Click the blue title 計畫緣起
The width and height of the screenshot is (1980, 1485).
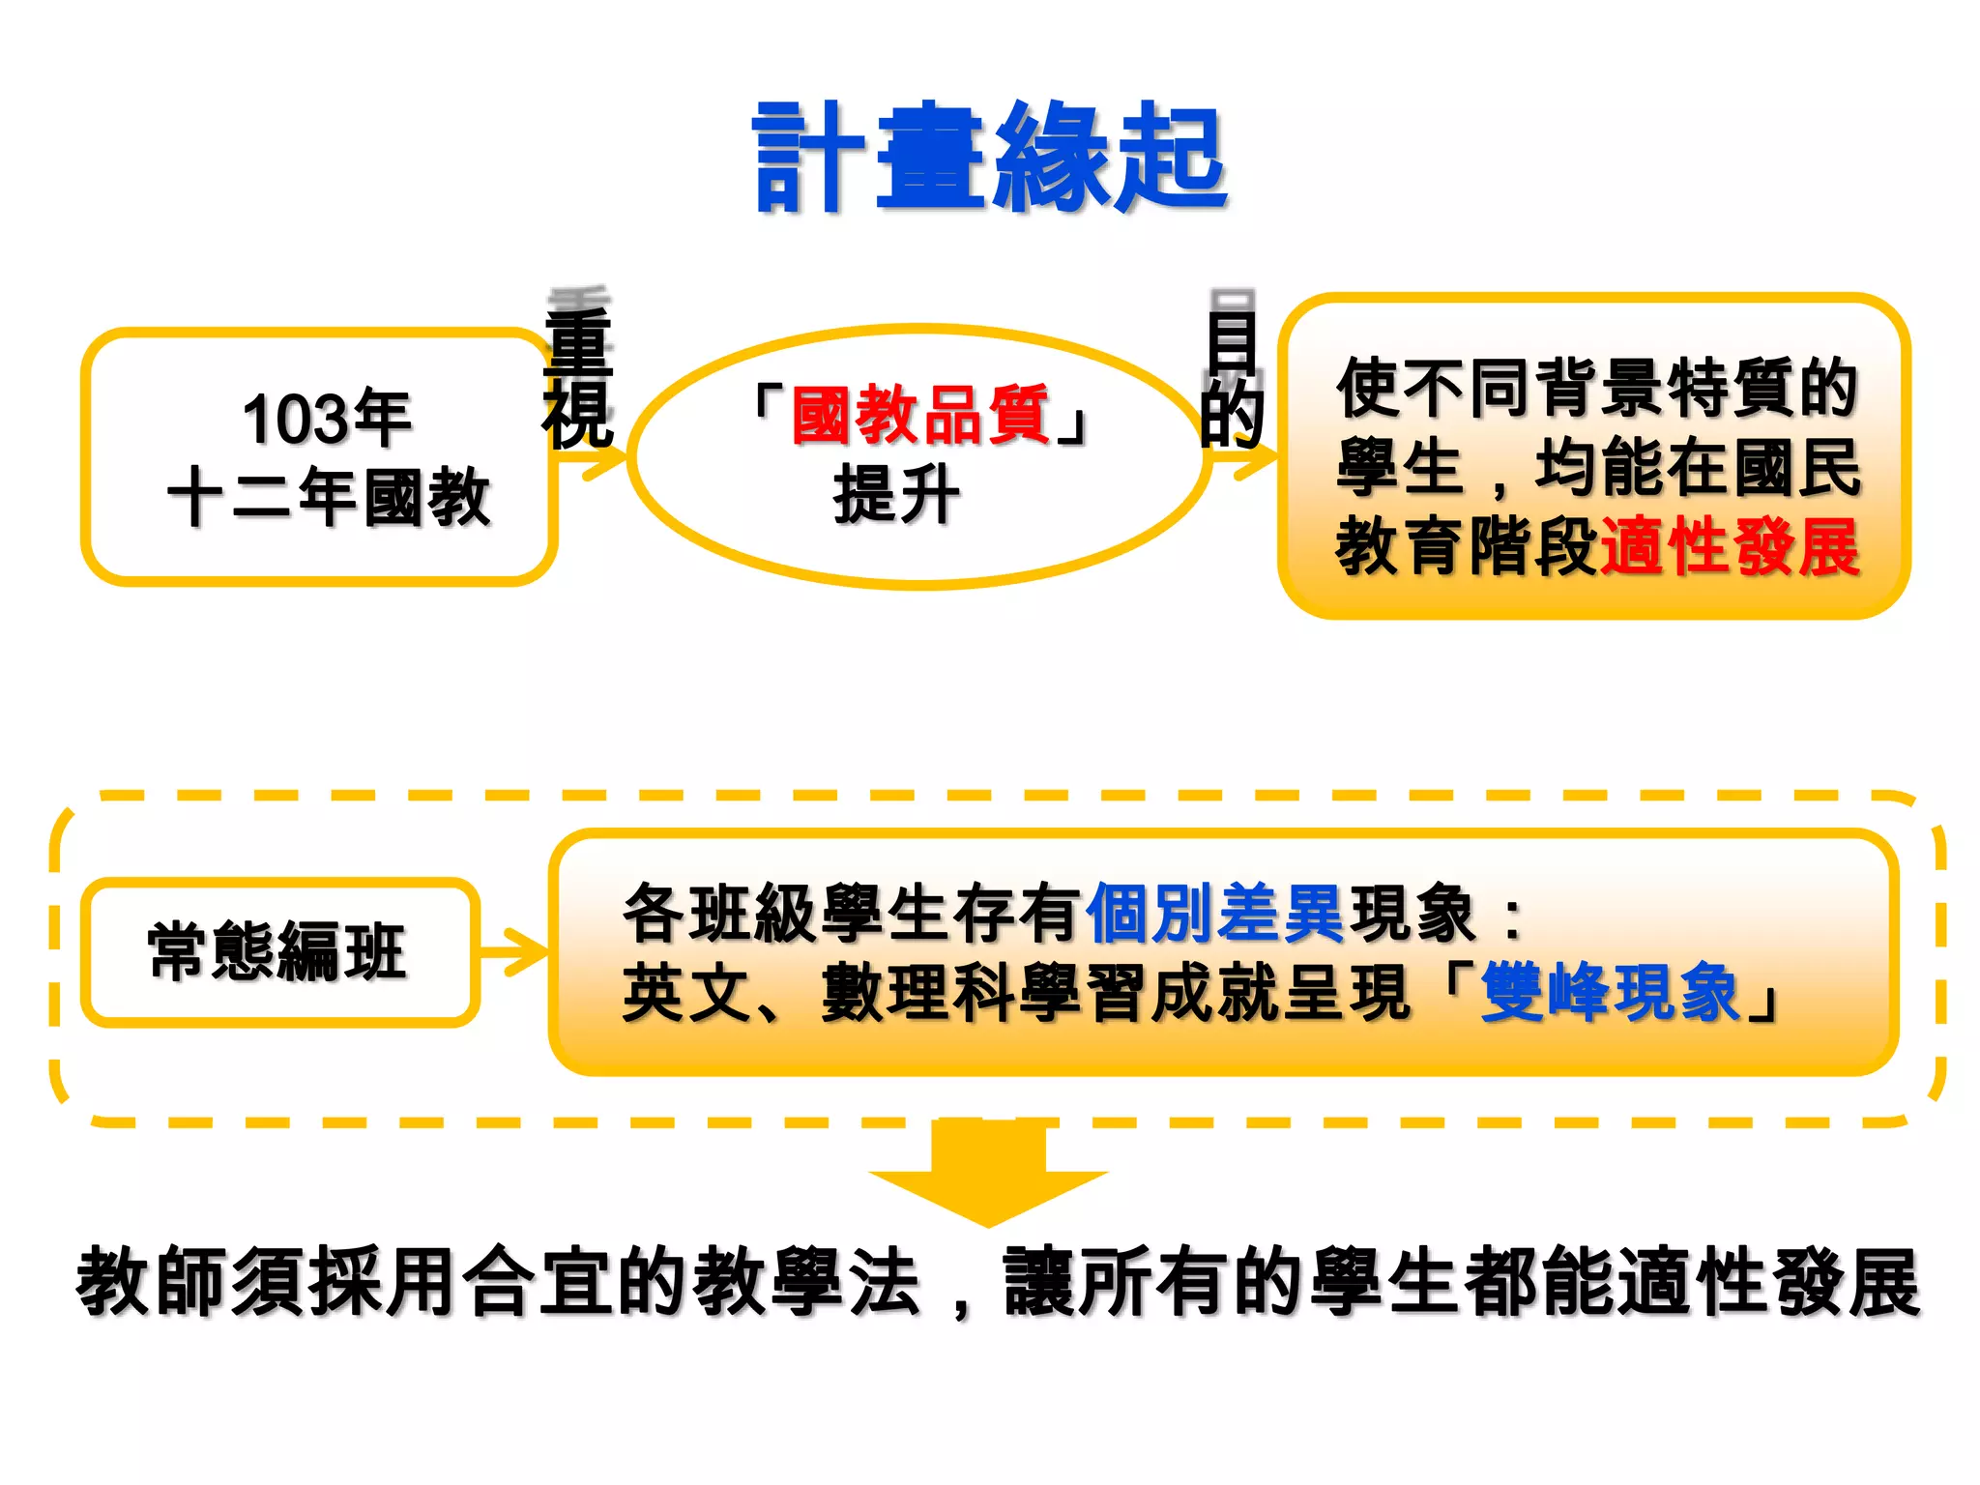pyautogui.click(x=990, y=158)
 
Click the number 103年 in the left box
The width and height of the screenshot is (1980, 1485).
pyautogui.click(x=327, y=419)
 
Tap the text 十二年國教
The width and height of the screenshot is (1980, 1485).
pyautogui.click(x=329, y=496)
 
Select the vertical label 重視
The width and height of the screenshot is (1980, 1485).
pyautogui.click(x=578, y=377)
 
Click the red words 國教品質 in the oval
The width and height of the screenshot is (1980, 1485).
pyautogui.click(x=919, y=415)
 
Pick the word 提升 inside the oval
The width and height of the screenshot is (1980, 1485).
pyautogui.click(x=896, y=494)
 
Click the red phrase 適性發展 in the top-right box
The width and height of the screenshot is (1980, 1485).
pyautogui.click(x=1730, y=546)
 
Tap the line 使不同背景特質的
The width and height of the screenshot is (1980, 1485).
pyautogui.click(x=1596, y=388)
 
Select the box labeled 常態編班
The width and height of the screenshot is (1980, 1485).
pyautogui.click(x=279, y=951)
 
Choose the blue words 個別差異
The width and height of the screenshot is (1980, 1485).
pyautogui.click(x=1215, y=913)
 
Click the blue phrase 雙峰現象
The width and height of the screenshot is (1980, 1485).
pyautogui.click(x=1610, y=992)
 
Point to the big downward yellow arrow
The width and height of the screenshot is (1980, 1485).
pyautogui.click(x=988, y=1175)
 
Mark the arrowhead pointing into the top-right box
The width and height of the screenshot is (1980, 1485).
pyautogui.click(x=1257, y=461)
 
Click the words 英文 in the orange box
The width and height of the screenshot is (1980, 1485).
pyautogui.click(x=686, y=993)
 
